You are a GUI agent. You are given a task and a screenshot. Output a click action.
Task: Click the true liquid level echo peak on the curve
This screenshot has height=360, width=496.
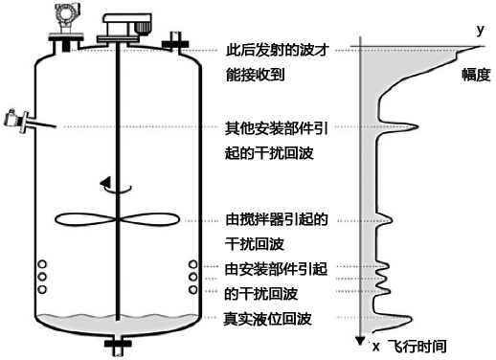click(406, 318)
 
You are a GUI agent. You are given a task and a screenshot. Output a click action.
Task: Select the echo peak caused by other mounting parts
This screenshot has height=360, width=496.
click(417, 127)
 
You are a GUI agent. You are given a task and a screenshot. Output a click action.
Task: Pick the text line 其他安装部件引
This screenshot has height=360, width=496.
click(276, 127)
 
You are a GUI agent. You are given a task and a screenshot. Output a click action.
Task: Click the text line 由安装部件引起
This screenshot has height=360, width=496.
click(276, 267)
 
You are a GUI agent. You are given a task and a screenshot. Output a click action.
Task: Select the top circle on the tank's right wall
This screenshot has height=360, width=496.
click(193, 265)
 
